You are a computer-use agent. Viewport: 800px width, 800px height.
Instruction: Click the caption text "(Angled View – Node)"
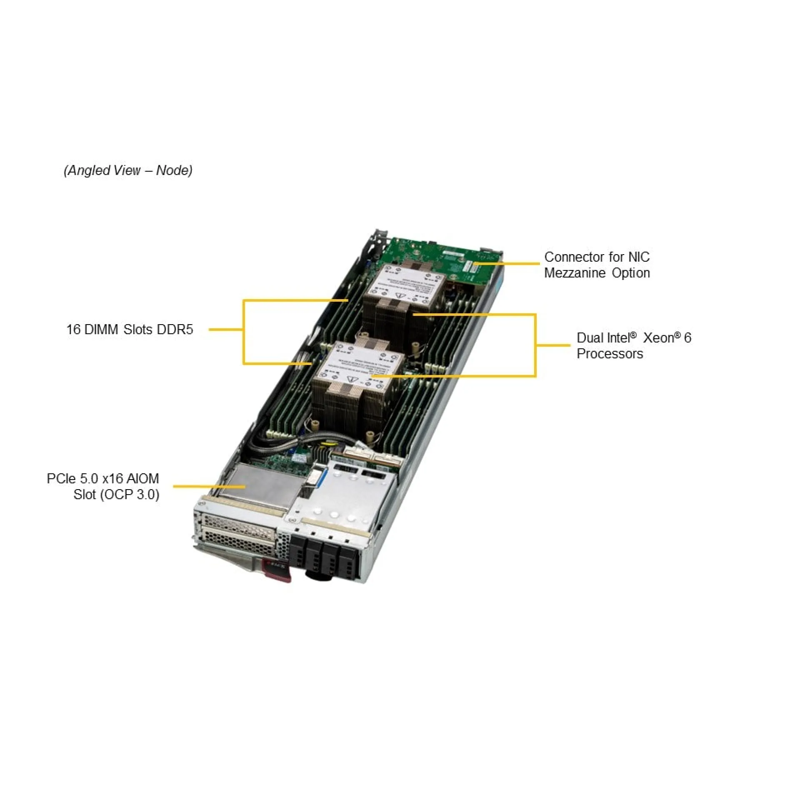128,170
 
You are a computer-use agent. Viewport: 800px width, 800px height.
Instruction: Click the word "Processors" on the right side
610,354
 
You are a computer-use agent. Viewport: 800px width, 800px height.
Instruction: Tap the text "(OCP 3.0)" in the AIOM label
130,495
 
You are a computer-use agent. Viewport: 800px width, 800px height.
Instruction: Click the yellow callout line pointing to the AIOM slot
208,486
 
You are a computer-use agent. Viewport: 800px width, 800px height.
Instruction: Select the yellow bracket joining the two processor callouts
536,345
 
